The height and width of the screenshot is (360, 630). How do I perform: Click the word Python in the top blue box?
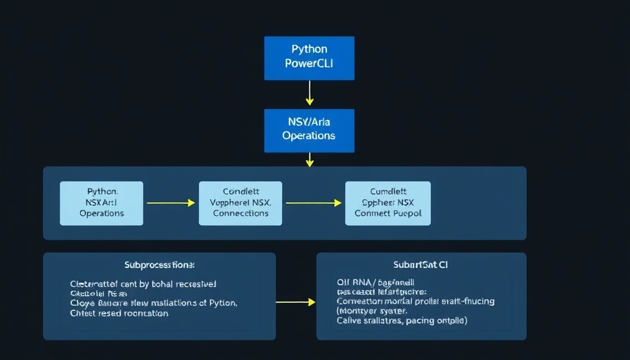click(309, 50)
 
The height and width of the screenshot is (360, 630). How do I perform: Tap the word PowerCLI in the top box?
click(309, 64)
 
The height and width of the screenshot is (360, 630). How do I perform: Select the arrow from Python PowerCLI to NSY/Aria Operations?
click(309, 93)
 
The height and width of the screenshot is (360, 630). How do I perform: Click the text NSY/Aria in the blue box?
click(309, 122)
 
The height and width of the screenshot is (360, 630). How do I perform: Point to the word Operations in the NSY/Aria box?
click(309, 136)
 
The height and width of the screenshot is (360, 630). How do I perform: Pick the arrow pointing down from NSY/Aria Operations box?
click(309, 160)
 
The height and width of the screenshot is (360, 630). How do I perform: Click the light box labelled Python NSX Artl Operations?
click(101, 202)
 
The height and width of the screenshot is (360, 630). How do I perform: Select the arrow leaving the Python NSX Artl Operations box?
click(170, 202)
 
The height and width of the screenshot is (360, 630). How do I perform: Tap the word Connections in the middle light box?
click(240, 213)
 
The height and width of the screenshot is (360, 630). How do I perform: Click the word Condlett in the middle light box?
click(240, 191)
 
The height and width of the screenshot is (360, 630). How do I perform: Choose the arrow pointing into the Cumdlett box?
click(313, 202)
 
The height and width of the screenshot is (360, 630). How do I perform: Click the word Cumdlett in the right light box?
click(388, 191)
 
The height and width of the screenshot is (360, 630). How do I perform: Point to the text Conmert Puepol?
click(388, 213)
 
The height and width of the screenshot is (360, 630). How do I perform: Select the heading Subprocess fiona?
click(160, 265)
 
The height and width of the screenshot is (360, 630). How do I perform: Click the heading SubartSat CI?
click(421, 265)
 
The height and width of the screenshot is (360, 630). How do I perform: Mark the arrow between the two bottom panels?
click(295, 302)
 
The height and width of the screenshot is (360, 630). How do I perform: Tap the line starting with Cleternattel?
click(143, 284)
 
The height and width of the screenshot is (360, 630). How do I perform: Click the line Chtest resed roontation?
click(120, 314)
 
